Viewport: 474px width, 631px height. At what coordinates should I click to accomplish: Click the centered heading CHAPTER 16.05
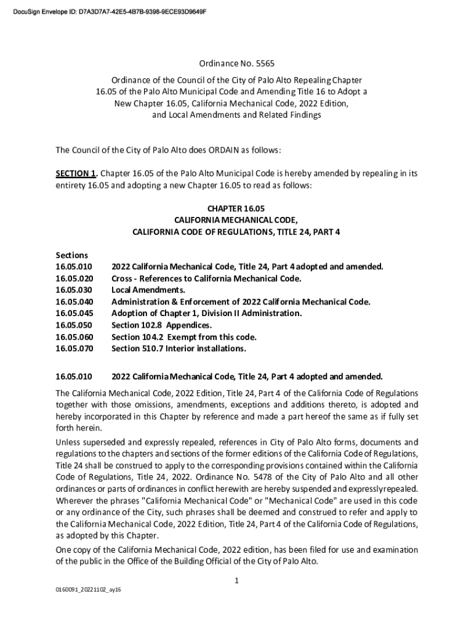point(236,209)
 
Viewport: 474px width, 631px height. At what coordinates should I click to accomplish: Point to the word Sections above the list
point(72,255)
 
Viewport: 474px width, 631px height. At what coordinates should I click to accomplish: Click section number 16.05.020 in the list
point(74,279)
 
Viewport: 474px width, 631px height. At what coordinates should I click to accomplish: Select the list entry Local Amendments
point(148,290)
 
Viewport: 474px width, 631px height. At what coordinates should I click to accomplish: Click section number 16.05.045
point(74,314)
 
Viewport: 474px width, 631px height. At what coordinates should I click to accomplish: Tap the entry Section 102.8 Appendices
point(161,325)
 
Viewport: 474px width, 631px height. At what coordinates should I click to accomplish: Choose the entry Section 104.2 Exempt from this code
point(183,337)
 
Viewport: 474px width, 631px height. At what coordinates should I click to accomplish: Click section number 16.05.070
point(74,349)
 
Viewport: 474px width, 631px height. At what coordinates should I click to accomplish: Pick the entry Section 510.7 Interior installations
point(179,349)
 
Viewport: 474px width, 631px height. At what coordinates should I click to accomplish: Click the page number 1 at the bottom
point(237,580)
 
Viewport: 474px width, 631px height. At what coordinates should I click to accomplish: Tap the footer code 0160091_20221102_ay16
point(89,590)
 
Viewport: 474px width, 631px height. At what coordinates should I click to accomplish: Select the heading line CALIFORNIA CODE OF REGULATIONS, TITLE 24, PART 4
point(236,232)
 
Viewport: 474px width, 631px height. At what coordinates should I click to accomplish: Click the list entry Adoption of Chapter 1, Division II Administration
point(206,314)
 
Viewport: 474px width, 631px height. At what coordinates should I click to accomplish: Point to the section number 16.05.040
point(74,302)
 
